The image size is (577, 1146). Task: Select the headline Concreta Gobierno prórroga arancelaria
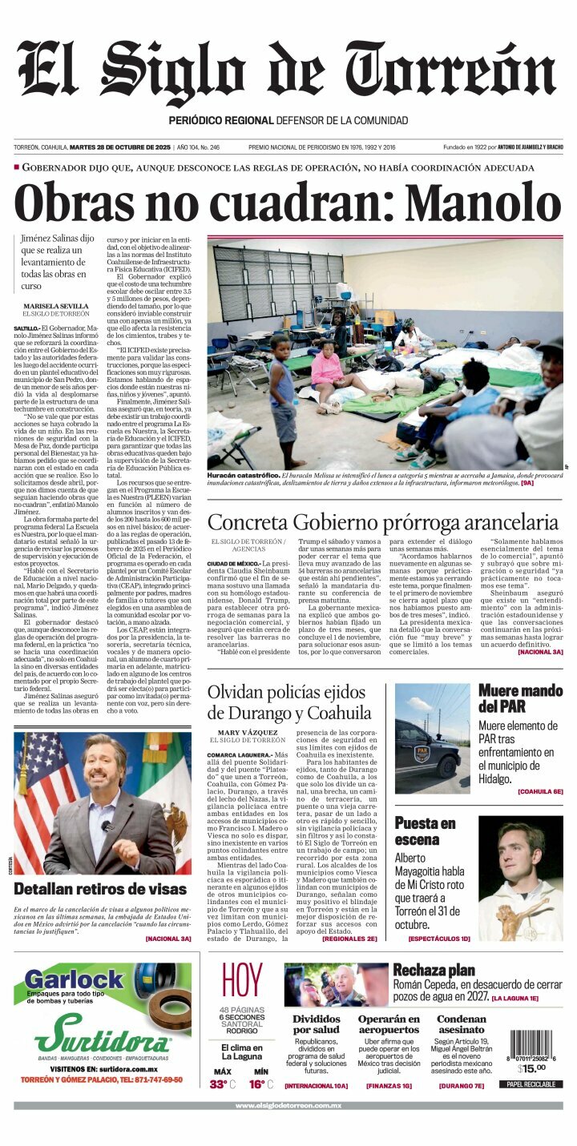click(382, 522)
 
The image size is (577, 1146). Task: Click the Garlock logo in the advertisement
click(74, 979)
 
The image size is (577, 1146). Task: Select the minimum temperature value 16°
click(256, 1084)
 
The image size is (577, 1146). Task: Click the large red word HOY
click(241, 980)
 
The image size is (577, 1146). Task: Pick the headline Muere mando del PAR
click(519, 698)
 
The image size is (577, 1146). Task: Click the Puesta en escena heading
click(425, 831)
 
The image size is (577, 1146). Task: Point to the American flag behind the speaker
click(40, 793)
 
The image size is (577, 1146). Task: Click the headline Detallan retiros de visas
click(100, 888)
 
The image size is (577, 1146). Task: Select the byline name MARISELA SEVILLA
click(56, 307)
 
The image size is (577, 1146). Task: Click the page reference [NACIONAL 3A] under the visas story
click(167, 938)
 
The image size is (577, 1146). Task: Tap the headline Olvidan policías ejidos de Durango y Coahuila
click(289, 702)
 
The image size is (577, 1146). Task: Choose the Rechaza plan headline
click(434, 970)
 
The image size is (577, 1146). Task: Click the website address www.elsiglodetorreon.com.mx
click(288, 1106)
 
